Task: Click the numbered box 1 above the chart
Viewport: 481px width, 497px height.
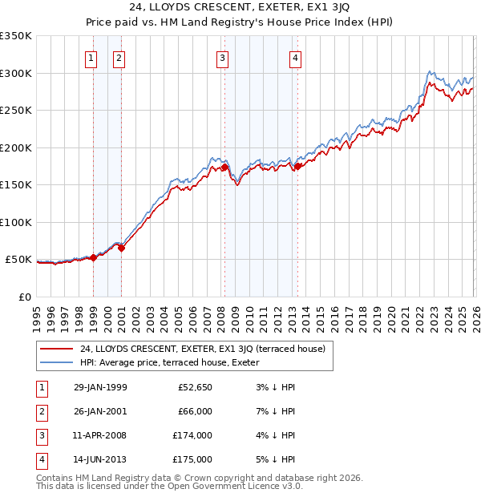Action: tap(91, 58)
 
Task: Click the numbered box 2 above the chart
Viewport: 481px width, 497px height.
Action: tap(119, 58)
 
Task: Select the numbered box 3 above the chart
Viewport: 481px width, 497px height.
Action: tap(221, 58)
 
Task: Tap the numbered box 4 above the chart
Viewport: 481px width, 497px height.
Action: tap(295, 58)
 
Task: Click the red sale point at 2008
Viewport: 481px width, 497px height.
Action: tap(225, 168)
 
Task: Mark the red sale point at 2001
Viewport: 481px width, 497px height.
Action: tap(122, 248)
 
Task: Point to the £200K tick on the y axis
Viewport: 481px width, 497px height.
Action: tap(16, 147)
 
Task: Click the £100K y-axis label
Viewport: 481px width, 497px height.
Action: tap(16, 222)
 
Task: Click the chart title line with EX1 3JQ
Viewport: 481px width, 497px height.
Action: tap(240, 10)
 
